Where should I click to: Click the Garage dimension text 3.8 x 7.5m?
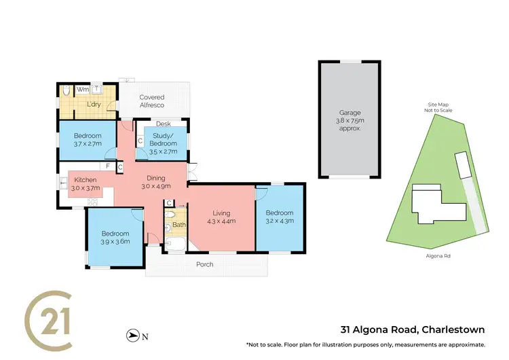(350, 120)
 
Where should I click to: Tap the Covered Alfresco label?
(152, 101)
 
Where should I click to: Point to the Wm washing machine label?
(81, 89)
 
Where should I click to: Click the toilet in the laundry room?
(67, 90)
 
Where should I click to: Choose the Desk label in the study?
(162, 124)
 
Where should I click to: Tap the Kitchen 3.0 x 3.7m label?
(85, 182)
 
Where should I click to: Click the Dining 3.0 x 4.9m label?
(155, 181)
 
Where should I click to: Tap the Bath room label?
(178, 224)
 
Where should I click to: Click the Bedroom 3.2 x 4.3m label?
(278, 216)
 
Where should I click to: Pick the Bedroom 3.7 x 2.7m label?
(87, 139)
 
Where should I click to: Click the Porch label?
(204, 264)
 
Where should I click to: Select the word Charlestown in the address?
(453, 330)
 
